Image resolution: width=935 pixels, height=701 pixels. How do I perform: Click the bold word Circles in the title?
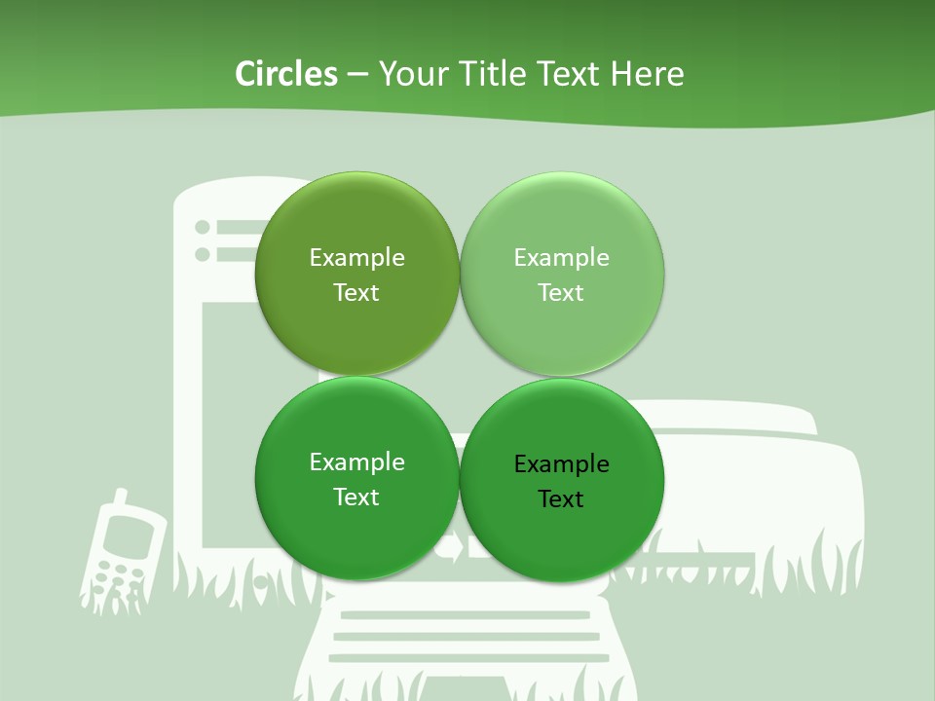pos(285,74)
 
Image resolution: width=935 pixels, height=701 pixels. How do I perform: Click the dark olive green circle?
pos(356,274)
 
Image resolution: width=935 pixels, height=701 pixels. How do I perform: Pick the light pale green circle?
pos(561,274)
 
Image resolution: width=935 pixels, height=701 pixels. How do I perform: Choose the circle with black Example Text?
pos(561,480)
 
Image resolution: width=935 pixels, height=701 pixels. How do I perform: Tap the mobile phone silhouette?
pos(121,555)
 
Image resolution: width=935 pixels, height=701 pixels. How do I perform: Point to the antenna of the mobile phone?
pos(120,498)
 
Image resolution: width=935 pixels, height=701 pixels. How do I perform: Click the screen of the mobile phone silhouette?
pos(131,535)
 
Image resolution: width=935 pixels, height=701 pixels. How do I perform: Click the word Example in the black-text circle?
pos(561,464)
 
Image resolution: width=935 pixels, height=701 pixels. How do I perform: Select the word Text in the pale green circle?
pos(561,292)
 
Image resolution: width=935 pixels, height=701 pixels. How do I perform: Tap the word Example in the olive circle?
pos(356,257)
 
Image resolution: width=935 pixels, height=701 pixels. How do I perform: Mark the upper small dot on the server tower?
pos(203,227)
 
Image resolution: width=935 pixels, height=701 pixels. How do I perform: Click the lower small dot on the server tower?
pos(203,254)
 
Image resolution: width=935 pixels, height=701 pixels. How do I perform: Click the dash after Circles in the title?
pos(357,74)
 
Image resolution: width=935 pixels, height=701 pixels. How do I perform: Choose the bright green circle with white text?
pos(356,478)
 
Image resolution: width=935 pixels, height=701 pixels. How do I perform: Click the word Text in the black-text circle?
pos(561,498)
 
